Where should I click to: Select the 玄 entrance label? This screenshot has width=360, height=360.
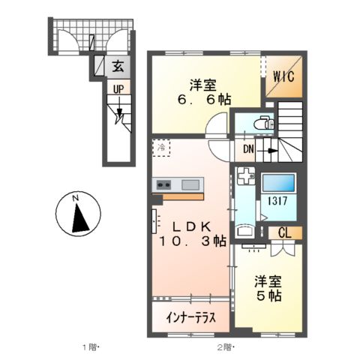[x=118, y=66]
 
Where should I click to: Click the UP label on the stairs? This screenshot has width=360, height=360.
[x=118, y=89]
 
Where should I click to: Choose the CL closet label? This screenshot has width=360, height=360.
[x=286, y=233]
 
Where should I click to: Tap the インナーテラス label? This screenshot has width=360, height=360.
[x=191, y=317]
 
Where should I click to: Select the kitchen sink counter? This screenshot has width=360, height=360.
[x=178, y=185]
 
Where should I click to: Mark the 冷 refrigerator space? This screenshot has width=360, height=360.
[x=161, y=147]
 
